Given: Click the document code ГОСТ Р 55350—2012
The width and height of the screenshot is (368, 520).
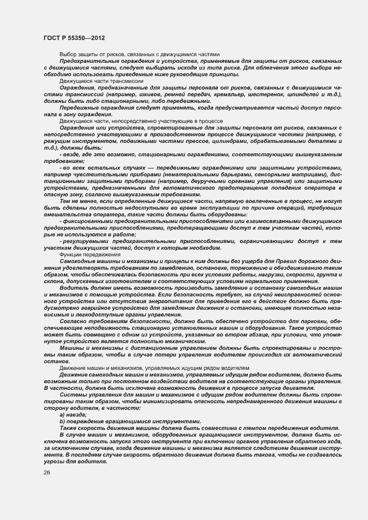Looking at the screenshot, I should pyautogui.click(x=74, y=37).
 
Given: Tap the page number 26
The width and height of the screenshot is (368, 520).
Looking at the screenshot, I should pyautogui.click(x=46, y=473).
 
